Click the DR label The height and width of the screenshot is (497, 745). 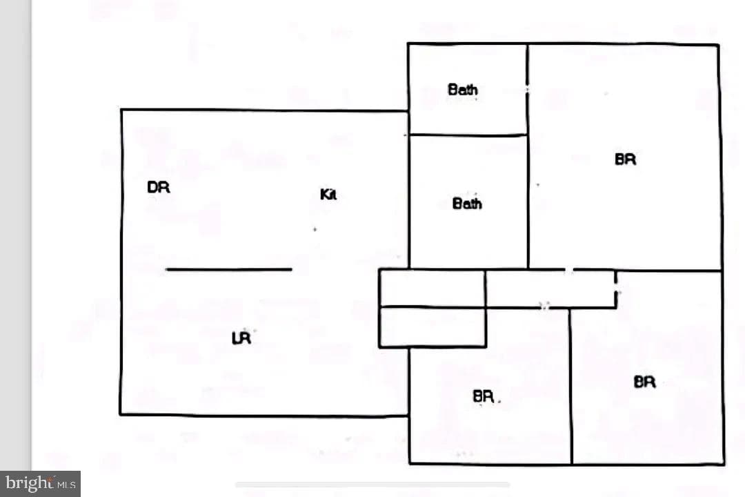click(159, 187)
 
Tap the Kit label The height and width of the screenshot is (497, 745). click(328, 194)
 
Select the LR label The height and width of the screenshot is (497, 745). click(241, 338)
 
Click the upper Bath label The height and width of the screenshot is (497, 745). click(463, 90)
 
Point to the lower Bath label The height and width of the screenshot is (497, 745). click(467, 204)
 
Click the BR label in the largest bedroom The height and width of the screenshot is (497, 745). click(625, 159)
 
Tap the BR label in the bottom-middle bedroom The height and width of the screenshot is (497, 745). click(483, 396)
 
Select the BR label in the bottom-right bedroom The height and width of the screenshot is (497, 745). click(645, 382)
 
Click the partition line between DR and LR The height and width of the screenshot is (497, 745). click(229, 270)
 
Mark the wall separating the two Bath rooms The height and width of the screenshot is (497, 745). click(468, 135)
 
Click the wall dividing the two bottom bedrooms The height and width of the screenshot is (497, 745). click(571, 386)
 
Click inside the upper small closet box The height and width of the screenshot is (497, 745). click(433, 289)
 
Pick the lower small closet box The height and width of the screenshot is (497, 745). click(433, 327)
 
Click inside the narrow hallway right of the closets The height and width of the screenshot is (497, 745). click(550, 289)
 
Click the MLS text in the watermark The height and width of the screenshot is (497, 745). click(66, 485)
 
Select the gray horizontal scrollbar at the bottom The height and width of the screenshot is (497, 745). click(372, 485)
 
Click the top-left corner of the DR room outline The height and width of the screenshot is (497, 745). click(121, 110)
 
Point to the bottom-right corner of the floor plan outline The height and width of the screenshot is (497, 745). click(724, 464)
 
